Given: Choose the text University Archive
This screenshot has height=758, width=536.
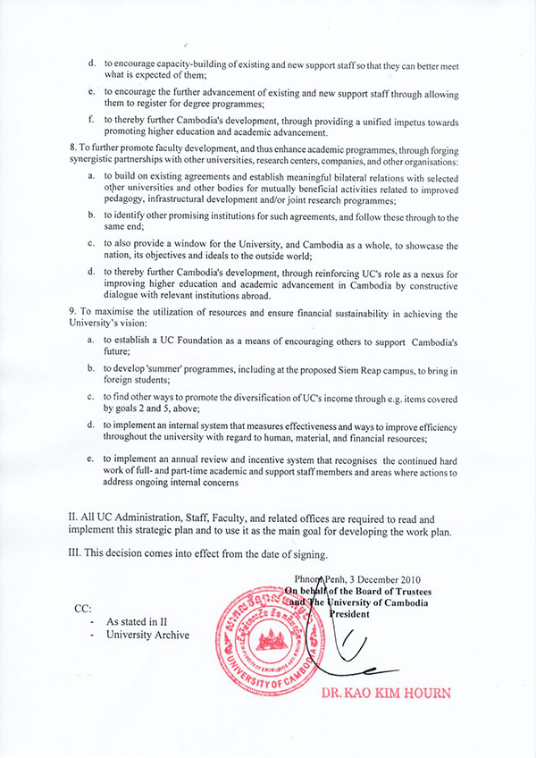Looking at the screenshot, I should tap(147, 635).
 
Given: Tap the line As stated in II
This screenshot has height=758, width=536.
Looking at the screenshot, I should tap(137, 621).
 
